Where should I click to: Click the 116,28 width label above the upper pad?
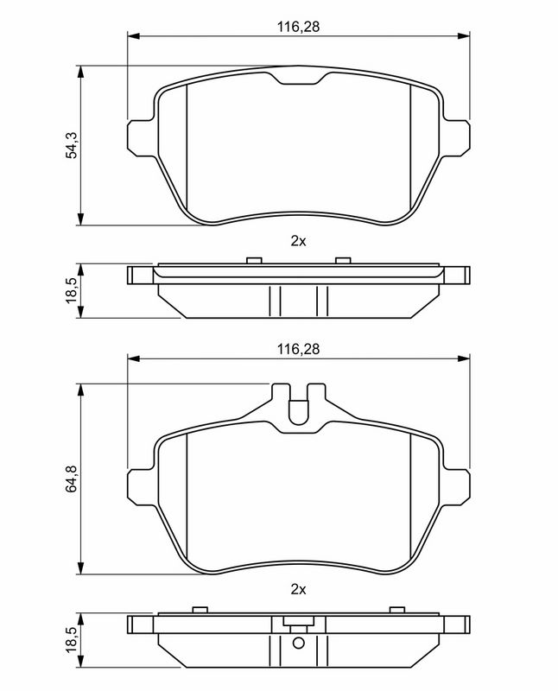coord(298,27)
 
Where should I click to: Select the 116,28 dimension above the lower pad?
coord(298,349)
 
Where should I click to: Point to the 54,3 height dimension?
coord(72,145)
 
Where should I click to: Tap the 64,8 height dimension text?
coord(72,479)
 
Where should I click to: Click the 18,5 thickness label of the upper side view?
coord(72,290)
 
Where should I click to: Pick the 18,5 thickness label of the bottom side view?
coord(72,639)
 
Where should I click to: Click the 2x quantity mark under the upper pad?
coord(298,241)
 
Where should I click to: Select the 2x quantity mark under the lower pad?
coord(298,589)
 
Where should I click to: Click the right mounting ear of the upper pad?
coord(456,137)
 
